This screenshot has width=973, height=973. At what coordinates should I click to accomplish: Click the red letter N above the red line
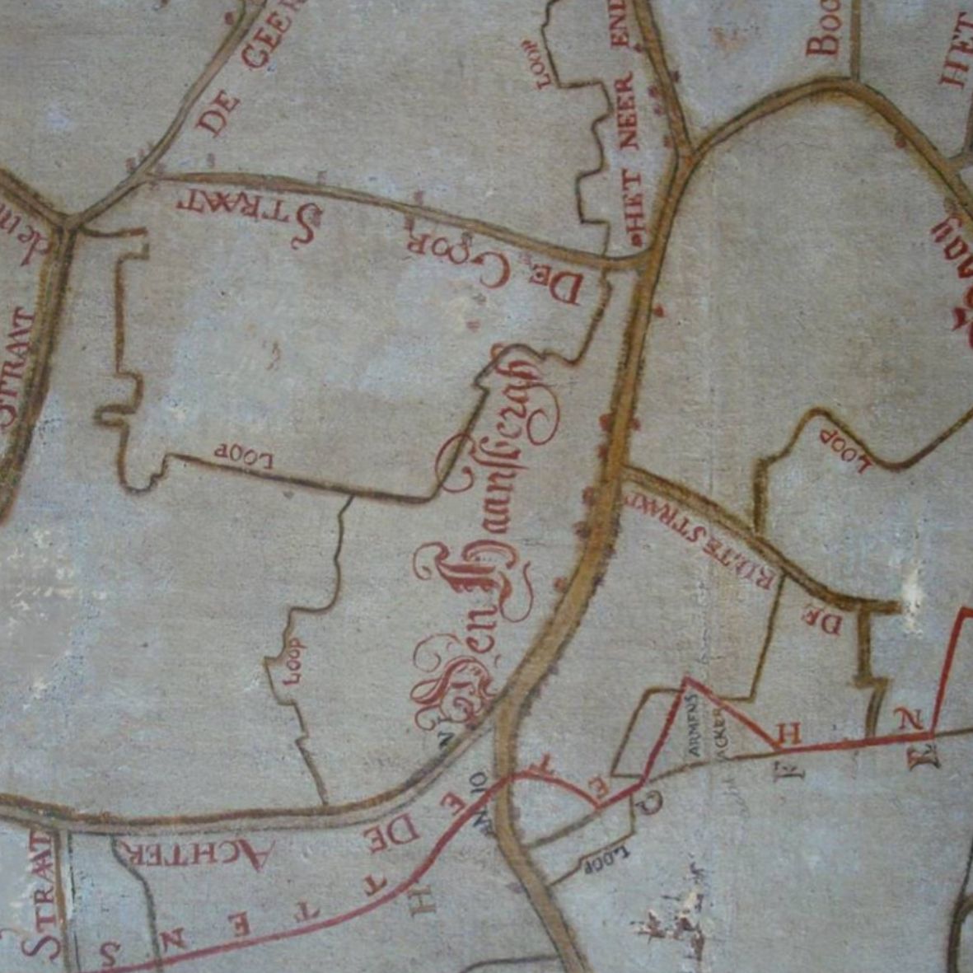pos(909,722)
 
